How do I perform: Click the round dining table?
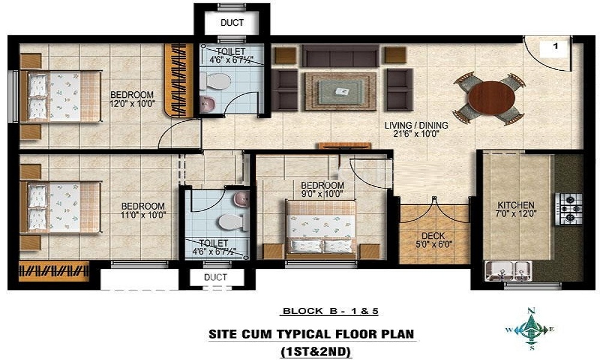tap(491, 98)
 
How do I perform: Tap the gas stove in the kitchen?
tap(569, 209)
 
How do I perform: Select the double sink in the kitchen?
tap(508, 271)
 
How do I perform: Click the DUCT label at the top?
tap(232, 23)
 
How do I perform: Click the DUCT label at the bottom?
tap(215, 277)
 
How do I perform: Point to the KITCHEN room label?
tap(516, 205)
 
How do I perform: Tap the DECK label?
tap(433, 236)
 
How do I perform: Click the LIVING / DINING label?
tap(416, 125)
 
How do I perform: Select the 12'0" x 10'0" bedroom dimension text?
tap(133, 103)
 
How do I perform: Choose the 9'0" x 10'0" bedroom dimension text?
tap(322, 194)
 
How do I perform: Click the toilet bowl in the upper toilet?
tap(215, 81)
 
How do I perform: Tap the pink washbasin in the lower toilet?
tap(242, 199)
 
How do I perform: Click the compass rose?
tap(530, 329)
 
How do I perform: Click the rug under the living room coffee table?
tap(341, 91)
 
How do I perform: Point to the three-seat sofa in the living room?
tap(341, 56)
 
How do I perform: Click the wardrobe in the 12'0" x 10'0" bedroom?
tap(179, 80)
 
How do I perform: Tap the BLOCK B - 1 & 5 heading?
tap(330, 311)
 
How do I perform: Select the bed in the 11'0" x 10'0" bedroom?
tap(61, 207)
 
